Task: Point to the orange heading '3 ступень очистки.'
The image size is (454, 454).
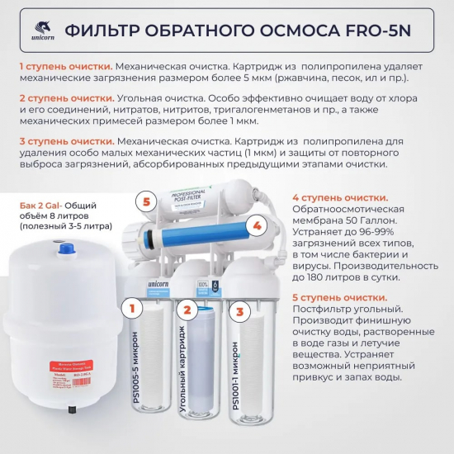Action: (68, 140)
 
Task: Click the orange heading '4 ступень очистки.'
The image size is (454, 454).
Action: (340, 198)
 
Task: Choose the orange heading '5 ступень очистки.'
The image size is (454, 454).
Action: (340, 297)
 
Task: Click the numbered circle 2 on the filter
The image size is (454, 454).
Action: (187, 311)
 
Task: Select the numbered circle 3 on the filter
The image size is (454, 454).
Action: (239, 312)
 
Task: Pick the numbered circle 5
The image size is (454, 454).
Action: (146, 201)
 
